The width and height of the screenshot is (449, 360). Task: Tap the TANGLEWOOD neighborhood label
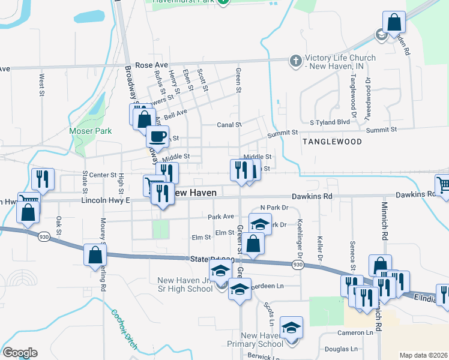point(331,142)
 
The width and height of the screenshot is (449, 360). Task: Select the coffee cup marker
point(157,136)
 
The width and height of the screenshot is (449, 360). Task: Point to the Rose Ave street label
point(151,64)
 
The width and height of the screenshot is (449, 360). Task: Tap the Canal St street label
point(229,125)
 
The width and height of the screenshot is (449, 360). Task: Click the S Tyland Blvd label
point(329,122)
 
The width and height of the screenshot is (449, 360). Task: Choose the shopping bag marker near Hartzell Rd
point(393,23)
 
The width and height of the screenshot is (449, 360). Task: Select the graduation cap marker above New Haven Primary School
point(292,328)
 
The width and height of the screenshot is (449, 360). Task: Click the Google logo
point(20,353)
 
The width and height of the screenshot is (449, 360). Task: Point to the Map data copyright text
point(423,355)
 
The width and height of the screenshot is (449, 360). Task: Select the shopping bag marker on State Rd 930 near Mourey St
point(95,255)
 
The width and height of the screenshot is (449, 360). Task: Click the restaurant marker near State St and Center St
point(43,179)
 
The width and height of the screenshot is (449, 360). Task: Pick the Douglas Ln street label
point(340,349)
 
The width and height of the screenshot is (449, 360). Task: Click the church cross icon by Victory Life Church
point(295,61)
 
